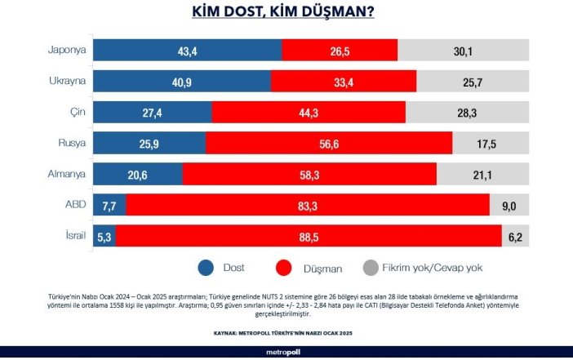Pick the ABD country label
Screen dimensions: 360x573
(x=75, y=204)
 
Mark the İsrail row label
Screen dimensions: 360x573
(x=73, y=234)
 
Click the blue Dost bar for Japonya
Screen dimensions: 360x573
(x=187, y=50)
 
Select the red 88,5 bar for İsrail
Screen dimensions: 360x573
(x=313, y=235)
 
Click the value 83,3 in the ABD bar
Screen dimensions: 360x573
(x=308, y=204)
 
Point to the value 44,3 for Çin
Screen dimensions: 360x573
(x=309, y=111)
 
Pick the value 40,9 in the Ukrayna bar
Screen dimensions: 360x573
(x=182, y=81)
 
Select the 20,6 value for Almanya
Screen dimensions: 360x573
(x=138, y=173)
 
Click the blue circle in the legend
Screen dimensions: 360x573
(x=206, y=267)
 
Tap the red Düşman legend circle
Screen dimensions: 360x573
(x=284, y=267)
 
